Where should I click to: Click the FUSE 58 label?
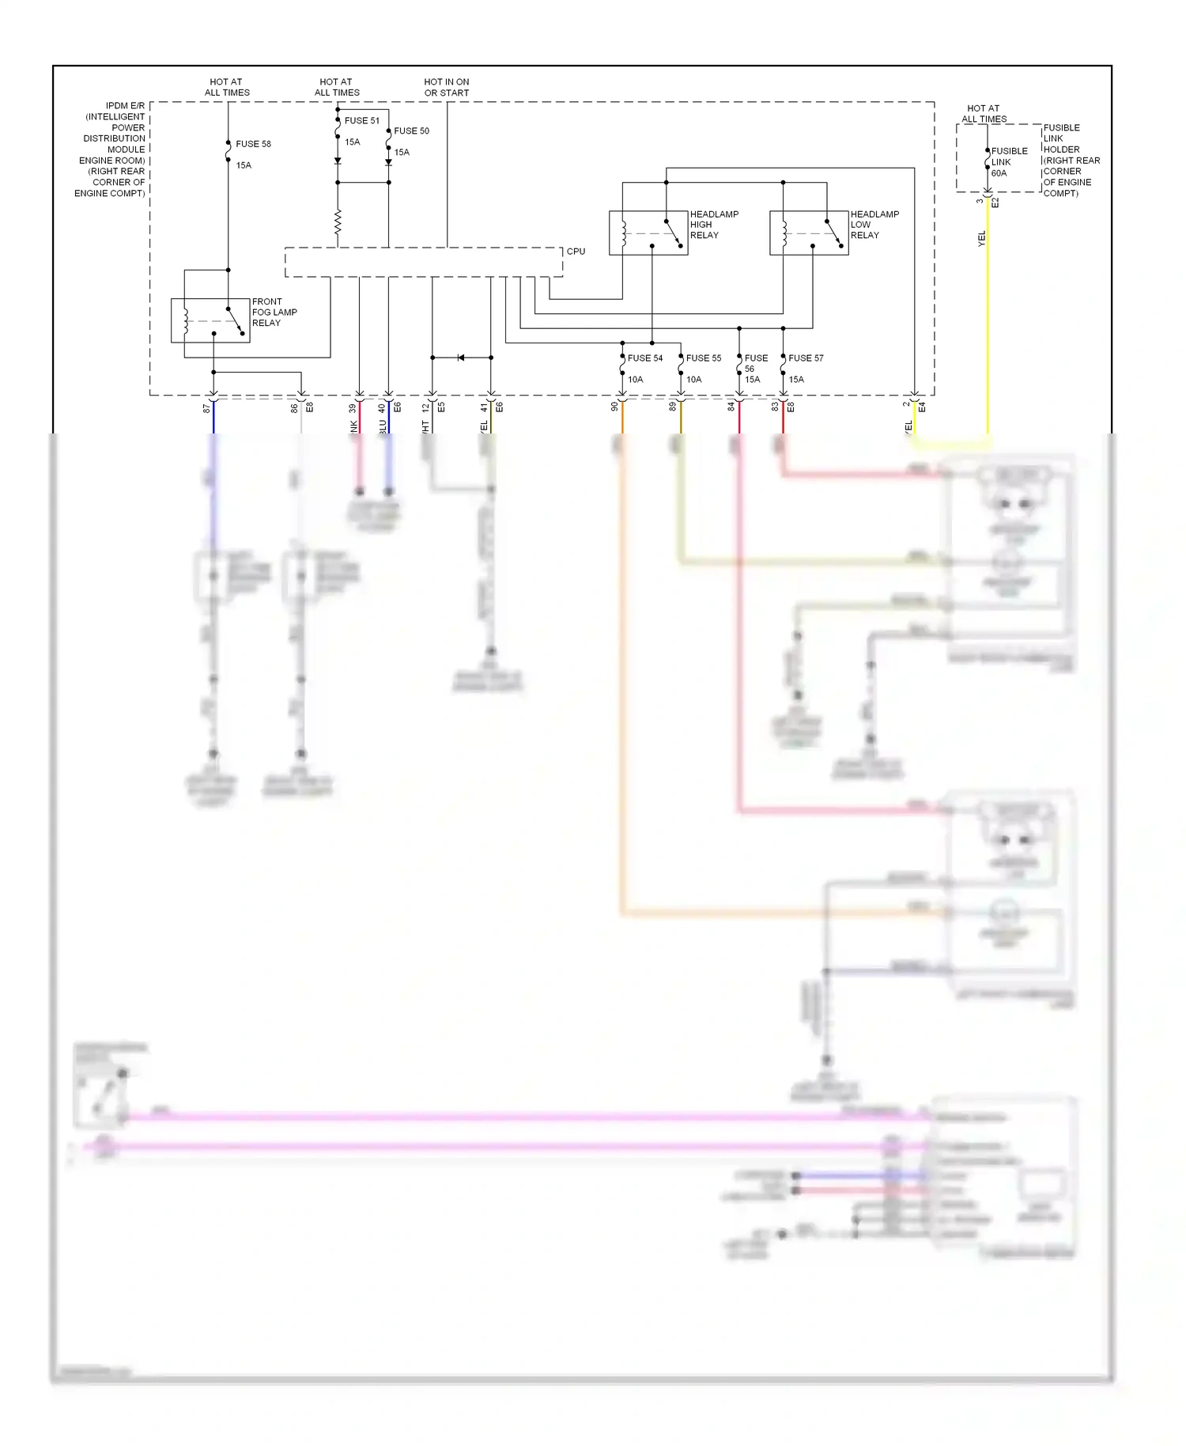pyautogui.click(x=253, y=144)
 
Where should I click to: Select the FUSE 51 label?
pyautogui.click(x=362, y=121)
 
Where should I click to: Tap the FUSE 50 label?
pyautogui.click(x=411, y=131)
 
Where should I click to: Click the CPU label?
pyautogui.click(x=576, y=252)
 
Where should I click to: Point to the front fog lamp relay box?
pyautogui.click(x=210, y=320)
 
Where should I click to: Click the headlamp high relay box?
pyautogui.click(x=648, y=233)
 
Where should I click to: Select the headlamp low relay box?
pyautogui.click(x=809, y=233)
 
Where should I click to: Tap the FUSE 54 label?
pyautogui.click(x=645, y=358)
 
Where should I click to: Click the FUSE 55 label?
pyautogui.click(x=704, y=358)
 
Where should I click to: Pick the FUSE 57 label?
pyautogui.click(x=806, y=358)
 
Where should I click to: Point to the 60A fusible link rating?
pyautogui.click(x=999, y=173)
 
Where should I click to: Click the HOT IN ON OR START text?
pyautogui.click(x=447, y=87)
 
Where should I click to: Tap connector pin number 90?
pyautogui.click(x=614, y=407)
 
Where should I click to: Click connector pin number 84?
pyautogui.click(x=731, y=407)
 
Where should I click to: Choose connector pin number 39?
pyautogui.click(x=353, y=408)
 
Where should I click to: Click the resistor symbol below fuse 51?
pyautogui.click(x=338, y=222)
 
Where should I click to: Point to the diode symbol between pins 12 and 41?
pyautogui.click(x=462, y=358)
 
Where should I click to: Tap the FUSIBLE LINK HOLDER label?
pyautogui.click(x=1071, y=161)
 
